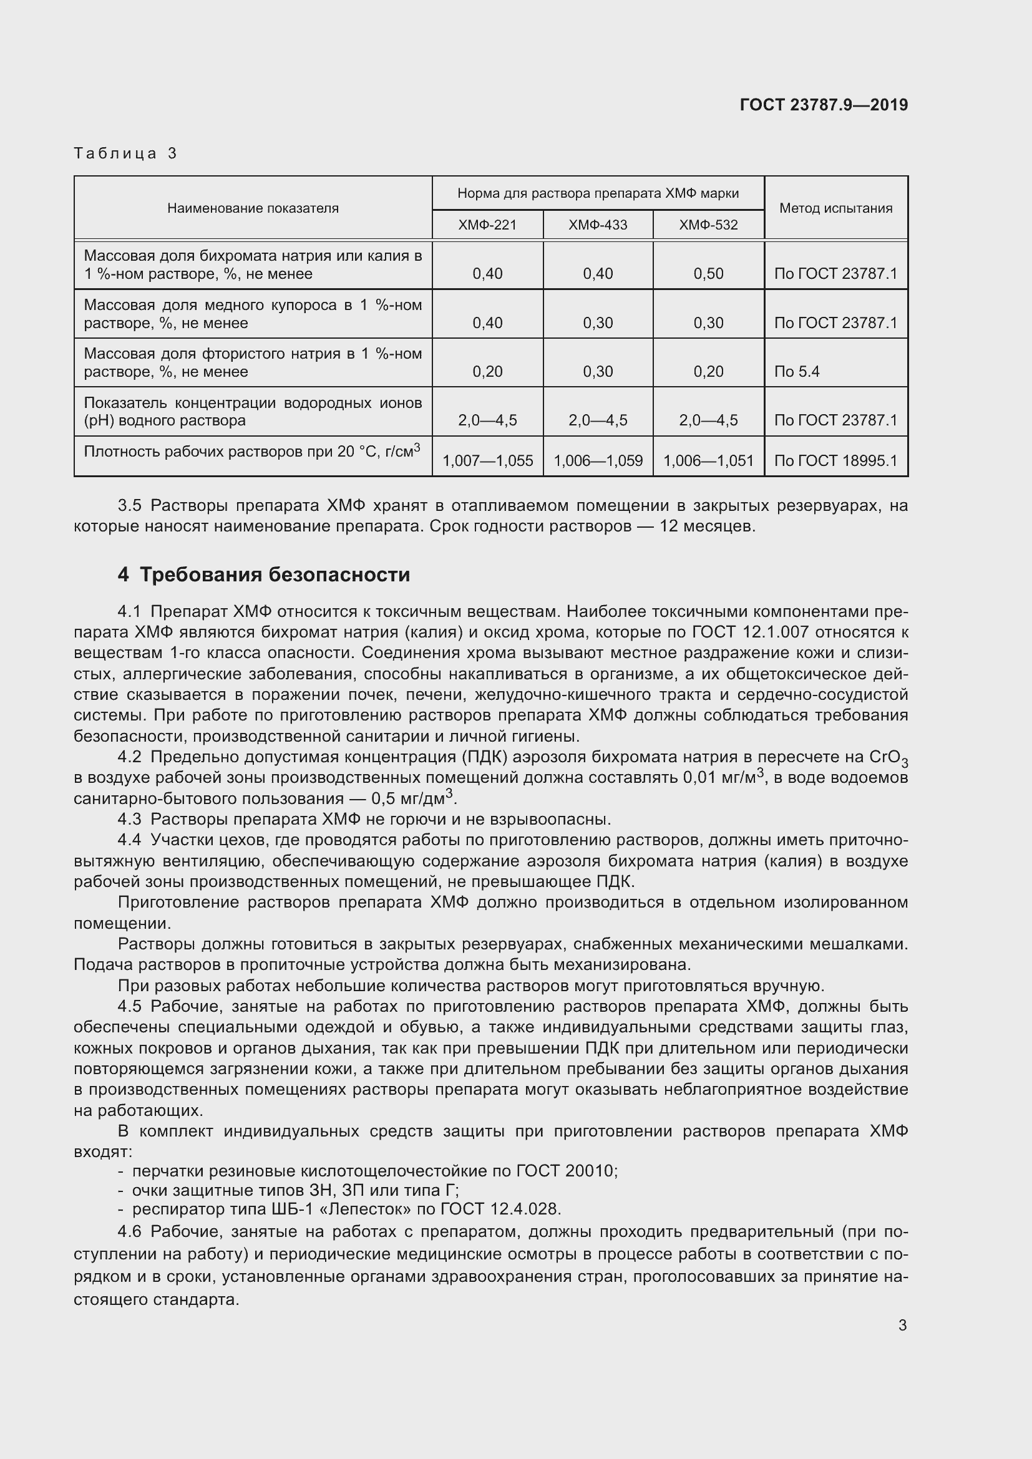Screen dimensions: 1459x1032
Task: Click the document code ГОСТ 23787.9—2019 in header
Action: click(824, 105)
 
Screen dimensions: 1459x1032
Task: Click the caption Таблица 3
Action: click(125, 153)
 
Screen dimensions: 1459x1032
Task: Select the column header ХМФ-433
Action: click(597, 225)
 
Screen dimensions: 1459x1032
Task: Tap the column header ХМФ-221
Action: click(487, 225)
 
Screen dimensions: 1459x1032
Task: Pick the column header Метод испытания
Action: click(835, 208)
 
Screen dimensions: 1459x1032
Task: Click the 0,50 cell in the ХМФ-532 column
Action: click(708, 274)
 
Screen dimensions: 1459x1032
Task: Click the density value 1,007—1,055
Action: click(487, 461)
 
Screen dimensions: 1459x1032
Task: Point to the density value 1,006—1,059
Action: click(597, 461)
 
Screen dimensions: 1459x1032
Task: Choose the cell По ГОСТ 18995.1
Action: click(835, 461)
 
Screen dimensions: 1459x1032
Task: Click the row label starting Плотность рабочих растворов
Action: click(251, 452)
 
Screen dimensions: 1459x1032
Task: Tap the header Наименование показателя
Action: click(253, 208)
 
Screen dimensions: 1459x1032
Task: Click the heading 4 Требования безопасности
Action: click(264, 574)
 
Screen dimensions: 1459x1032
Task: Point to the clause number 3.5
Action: click(129, 506)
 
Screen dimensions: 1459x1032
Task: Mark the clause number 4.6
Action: click(129, 1231)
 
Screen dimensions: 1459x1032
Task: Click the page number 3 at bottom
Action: click(902, 1325)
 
